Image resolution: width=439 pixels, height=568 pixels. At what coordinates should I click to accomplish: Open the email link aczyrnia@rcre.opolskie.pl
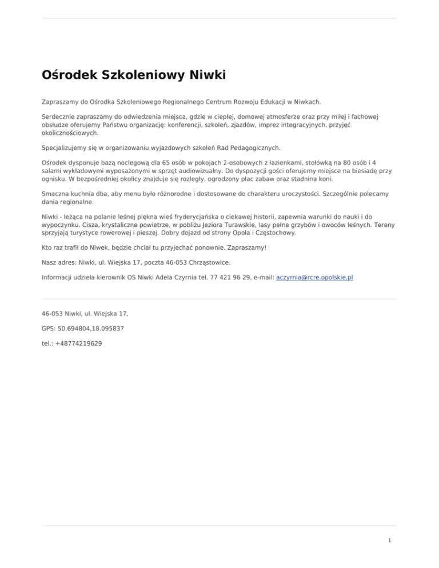coord(315,277)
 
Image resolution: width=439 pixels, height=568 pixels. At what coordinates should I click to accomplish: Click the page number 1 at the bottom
coord(389,539)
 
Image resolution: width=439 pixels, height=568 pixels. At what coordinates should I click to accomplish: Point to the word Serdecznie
coord(58,116)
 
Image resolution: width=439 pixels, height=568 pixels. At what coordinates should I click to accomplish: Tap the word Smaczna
coord(56,194)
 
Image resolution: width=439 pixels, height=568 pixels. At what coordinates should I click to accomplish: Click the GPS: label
coord(50,329)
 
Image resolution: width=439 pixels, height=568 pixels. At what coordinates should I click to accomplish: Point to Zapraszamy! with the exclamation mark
coord(246,249)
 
